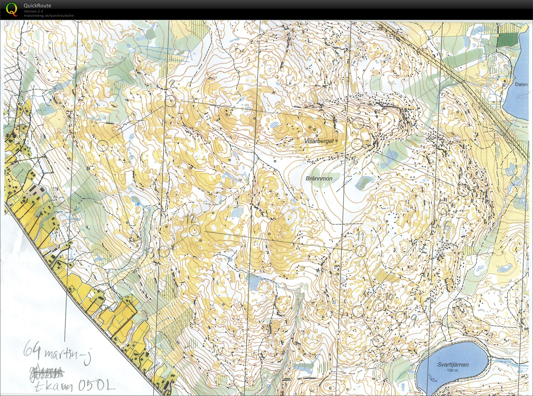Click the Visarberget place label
pos(319,141)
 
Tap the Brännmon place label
pos(319,178)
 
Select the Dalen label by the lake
pos(521,84)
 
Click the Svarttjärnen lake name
pos(453,365)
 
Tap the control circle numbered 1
pos(103,146)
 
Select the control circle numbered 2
pos(170,101)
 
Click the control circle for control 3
pos(358,124)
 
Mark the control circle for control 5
pos(463,190)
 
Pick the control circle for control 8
pos(378,341)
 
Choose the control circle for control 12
pos(195,231)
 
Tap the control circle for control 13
pos(164,252)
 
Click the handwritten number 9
pos(413,318)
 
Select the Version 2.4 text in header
pos(33,11)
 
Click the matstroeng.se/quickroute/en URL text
pos(49,15)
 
